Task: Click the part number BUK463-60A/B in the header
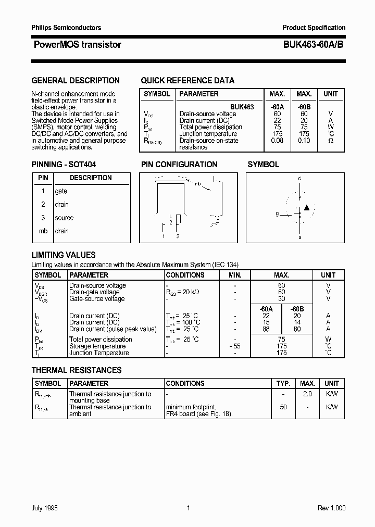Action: tap(313, 45)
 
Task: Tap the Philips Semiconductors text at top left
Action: tap(66, 28)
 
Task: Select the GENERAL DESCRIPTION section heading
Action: tap(76, 81)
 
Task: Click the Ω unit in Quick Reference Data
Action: tap(330, 141)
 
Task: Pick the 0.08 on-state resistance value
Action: tap(277, 141)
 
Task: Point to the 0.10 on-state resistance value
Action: tap(304, 141)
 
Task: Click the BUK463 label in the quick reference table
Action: tap(242, 107)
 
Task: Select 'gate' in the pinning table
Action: tap(61, 191)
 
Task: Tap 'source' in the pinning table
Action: tap(64, 218)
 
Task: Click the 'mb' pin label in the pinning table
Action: tap(43, 231)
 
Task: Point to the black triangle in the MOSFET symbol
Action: tap(306, 207)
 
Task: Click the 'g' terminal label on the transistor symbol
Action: tap(277, 214)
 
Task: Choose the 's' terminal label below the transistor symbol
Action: tap(299, 237)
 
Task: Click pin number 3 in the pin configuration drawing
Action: tap(178, 236)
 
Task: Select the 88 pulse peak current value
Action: tap(267, 329)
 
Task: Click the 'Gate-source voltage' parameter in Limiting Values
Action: tap(97, 299)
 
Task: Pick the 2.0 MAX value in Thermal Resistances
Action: tap(307, 394)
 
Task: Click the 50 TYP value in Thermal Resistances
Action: tap(283, 407)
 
